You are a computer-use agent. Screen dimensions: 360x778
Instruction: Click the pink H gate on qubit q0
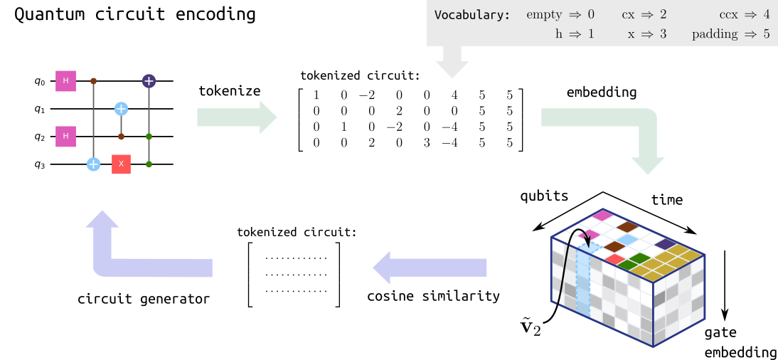[65, 81]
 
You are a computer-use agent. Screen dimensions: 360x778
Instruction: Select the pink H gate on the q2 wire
[65, 135]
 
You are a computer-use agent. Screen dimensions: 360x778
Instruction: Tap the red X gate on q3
[121, 164]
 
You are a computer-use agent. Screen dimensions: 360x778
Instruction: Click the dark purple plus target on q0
[149, 81]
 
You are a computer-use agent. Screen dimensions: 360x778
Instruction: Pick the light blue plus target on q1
[121, 108]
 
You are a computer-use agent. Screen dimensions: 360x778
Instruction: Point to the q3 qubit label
[39, 163]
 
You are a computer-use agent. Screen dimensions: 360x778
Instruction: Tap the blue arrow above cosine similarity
[431, 268]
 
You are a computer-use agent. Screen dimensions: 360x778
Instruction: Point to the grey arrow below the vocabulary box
[452, 61]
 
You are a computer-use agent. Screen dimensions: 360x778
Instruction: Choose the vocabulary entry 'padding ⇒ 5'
[730, 33]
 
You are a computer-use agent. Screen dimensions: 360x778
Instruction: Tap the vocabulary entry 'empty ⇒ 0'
[560, 15]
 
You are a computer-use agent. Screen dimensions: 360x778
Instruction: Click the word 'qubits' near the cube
[544, 196]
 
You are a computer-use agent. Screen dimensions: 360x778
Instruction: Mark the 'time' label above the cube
[666, 199]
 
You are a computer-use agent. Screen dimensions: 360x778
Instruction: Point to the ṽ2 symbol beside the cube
[531, 328]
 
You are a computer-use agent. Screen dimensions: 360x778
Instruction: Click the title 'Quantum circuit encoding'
[135, 14]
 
